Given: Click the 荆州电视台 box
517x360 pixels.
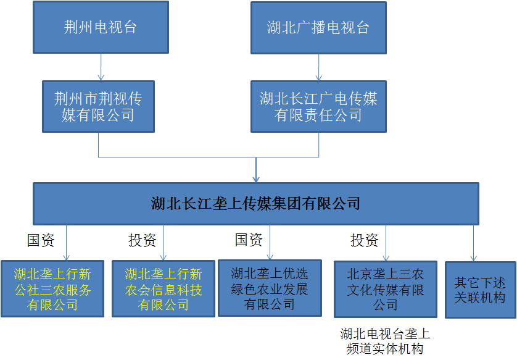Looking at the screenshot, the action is pos(101,27).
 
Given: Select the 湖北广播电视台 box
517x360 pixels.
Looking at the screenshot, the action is pos(318,28).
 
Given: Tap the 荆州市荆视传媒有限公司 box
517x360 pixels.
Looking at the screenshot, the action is pos(98,107).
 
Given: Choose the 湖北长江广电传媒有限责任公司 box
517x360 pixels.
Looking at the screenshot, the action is pos(318,107).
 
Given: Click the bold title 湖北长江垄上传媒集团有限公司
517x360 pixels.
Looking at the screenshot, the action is pos(255,203).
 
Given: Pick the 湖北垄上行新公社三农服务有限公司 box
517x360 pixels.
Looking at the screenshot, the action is pos(52,289).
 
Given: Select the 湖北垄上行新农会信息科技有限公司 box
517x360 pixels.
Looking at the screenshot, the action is pos(163,289).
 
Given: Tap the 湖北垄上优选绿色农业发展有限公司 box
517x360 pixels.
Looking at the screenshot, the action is pos(270,288).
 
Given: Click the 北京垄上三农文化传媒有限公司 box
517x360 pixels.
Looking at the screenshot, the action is pos(386,290).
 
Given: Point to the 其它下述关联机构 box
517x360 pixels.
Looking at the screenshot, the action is pos(481,290).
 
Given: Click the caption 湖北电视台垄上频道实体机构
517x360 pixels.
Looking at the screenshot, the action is pos(385,341).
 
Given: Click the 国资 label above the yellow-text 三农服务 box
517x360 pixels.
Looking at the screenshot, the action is pos(41,240).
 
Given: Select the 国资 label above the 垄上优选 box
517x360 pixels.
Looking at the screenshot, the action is pos(249,240).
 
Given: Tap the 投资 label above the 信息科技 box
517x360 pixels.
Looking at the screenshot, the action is pos(142,240).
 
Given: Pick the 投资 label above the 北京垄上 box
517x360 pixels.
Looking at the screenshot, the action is pos(365,240).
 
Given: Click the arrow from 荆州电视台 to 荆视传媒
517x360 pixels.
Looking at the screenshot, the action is pos(101,67).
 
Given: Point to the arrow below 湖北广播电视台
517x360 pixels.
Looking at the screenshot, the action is pos(318,67).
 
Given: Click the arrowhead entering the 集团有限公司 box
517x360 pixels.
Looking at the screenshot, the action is pos(256,180).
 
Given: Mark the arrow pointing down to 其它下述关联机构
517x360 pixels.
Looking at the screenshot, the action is pos(473,243).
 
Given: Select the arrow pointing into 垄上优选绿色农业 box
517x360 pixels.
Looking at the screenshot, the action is pos(270,243).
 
